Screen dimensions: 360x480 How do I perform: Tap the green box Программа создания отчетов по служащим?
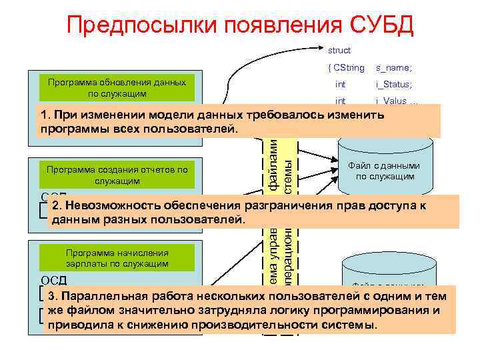click(117, 175)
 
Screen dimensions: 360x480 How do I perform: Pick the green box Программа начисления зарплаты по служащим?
click(117, 258)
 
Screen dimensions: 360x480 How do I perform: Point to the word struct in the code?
click(339, 50)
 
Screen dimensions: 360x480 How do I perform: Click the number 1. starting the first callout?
click(45, 115)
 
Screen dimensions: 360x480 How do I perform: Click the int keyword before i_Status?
click(340, 85)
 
